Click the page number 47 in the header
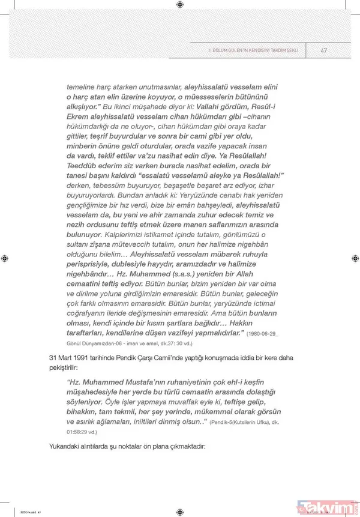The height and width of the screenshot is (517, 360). point(324,50)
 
